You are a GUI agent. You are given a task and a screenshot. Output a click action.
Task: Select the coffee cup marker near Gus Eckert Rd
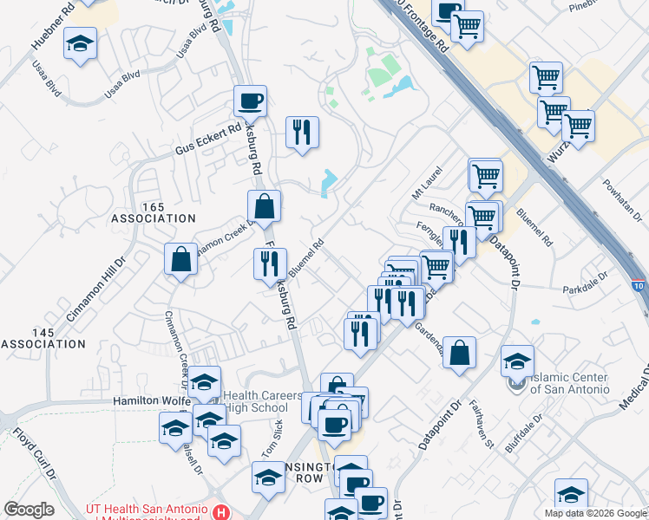click(x=250, y=102)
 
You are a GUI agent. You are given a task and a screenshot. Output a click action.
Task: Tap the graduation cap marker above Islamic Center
click(x=517, y=361)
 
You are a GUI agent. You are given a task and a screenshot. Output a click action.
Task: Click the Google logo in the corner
click(x=29, y=510)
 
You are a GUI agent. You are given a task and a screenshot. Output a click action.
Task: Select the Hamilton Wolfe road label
click(x=149, y=401)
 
